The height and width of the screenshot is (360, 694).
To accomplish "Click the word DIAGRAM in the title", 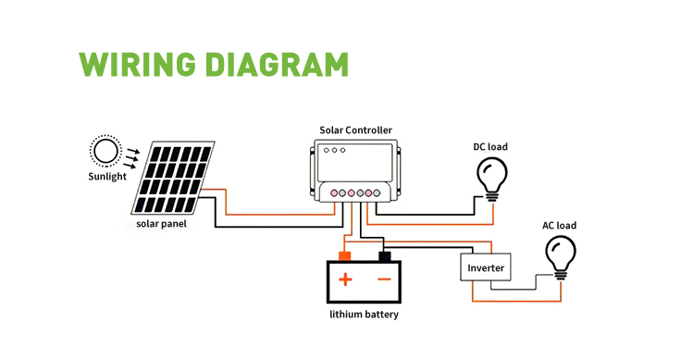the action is tap(278, 65).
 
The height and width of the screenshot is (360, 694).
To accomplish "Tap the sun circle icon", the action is tap(105, 151).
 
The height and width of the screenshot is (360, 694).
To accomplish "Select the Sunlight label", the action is tap(107, 176).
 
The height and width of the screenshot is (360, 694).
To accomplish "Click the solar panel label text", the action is tap(161, 224).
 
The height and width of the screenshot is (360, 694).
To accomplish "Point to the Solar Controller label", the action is tap(356, 130).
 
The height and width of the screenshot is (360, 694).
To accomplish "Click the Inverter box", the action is tap(486, 267).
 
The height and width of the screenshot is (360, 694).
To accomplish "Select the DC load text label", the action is tap(490, 147).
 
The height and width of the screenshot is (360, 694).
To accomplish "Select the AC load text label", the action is tap(560, 226).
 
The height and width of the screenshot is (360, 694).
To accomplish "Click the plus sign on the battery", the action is tap(345, 279).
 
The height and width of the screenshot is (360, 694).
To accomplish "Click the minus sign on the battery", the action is tap(385, 279).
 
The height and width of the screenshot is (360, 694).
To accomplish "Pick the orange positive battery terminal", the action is tap(345, 256).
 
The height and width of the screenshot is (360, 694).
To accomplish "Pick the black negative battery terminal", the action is tap(385, 256).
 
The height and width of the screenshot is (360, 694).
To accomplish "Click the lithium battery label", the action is tap(364, 315).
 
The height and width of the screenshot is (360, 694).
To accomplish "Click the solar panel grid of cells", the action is tap(173, 178).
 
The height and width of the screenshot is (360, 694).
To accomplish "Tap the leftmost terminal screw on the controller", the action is tap(335, 193).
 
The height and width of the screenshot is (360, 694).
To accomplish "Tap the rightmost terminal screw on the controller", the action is tap(377, 193).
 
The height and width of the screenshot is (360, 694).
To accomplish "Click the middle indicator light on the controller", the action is tap(335, 151).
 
